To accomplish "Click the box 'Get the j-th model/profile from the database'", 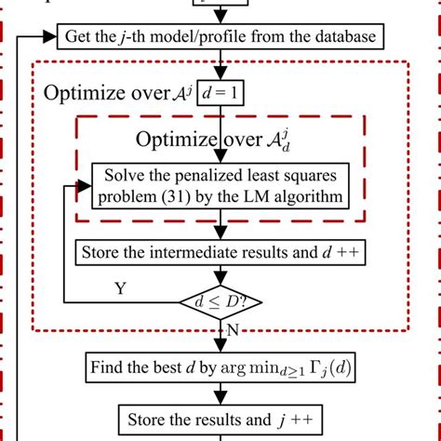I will [x=220, y=38].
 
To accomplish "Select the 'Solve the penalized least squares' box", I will [x=220, y=185].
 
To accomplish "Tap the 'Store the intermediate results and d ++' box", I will [x=220, y=252].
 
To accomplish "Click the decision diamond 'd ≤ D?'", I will [x=220, y=302].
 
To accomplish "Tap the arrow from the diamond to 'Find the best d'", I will [x=220, y=338].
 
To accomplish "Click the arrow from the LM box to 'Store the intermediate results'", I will [x=220, y=226].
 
